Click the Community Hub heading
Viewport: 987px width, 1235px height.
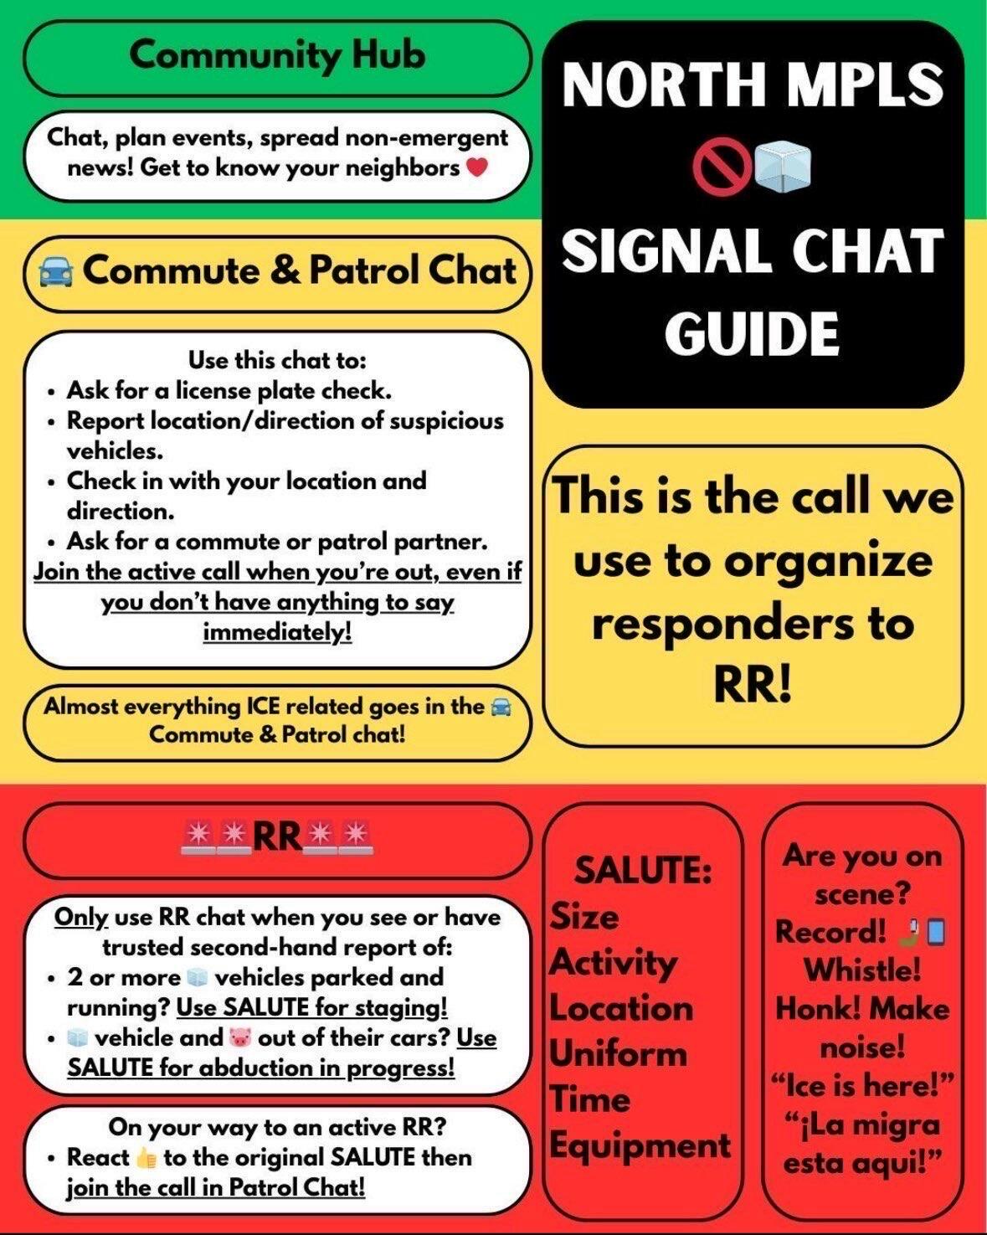tap(277, 55)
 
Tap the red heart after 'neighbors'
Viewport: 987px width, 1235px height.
tap(476, 167)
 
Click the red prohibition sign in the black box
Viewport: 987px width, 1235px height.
tap(712, 166)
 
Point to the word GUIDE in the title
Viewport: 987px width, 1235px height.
tap(753, 333)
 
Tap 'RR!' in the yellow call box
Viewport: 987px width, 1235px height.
tap(753, 686)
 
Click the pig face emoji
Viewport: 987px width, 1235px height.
tap(239, 1037)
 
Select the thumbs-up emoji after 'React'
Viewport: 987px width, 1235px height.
tap(146, 1158)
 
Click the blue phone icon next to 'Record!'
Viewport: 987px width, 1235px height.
tap(935, 932)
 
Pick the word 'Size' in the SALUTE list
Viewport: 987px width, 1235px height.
tap(584, 917)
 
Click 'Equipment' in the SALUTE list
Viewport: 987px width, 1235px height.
tap(640, 1145)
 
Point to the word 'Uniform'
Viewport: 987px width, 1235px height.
tap(617, 1053)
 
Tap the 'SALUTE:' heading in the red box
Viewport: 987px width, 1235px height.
tap(642, 871)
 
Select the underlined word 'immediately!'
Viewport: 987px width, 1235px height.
tap(277, 631)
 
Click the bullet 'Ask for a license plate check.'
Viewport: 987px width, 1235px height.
tap(229, 390)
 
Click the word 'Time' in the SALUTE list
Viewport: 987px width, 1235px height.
tap(589, 1099)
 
